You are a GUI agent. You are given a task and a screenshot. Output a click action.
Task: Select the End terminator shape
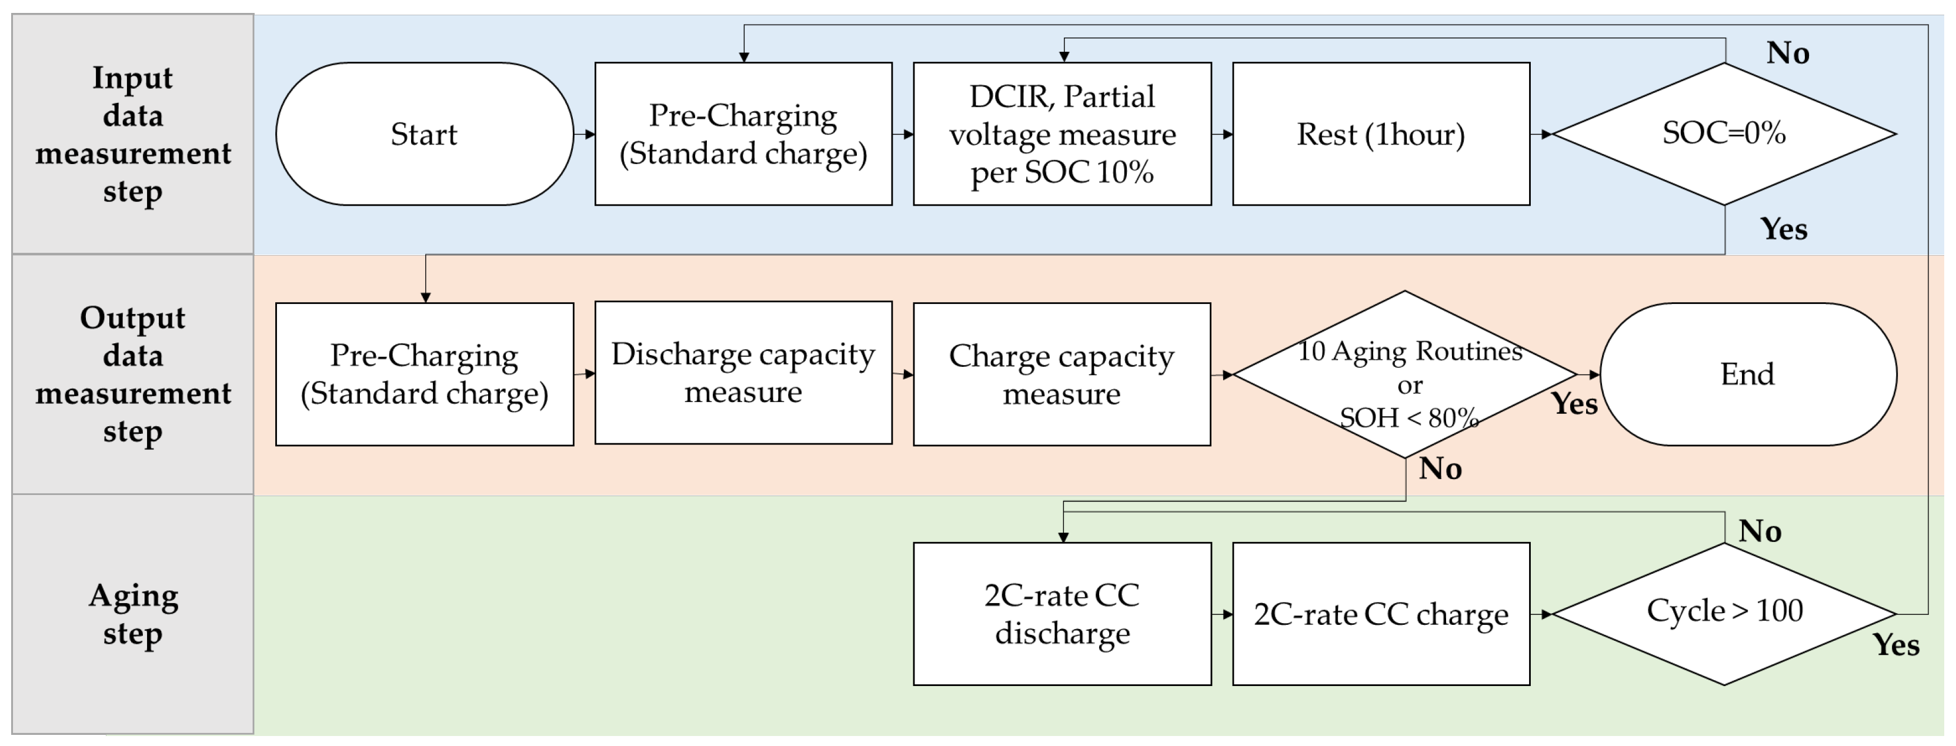(1748, 374)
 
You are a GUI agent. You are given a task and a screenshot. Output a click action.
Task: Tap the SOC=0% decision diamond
(1724, 134)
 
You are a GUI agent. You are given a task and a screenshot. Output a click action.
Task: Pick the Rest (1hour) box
(1380, 134)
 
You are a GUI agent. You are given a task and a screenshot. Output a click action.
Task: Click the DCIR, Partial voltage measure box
(1062, 134)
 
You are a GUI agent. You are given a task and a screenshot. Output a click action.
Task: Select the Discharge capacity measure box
(743, 373)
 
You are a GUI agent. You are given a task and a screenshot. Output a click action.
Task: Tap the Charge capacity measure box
(1062, 374)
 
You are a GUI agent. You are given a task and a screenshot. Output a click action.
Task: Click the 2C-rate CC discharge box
(1062, 613)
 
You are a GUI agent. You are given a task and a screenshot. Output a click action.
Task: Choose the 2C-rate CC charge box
(1380, 613)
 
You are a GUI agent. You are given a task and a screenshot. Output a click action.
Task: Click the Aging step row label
(133, 613)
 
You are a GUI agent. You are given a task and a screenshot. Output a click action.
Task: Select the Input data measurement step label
(133, 134)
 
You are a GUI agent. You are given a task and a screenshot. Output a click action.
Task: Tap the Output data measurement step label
(133, 374)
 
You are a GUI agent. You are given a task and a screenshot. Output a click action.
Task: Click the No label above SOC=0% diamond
(1787, 53)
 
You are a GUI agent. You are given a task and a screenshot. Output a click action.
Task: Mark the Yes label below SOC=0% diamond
(1784, 229)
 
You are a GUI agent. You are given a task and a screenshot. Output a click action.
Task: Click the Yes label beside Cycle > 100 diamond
(1895, 645)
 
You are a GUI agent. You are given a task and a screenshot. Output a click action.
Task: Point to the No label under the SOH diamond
(1440, 469)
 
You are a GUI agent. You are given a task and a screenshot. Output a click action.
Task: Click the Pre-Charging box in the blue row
(743, 134)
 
